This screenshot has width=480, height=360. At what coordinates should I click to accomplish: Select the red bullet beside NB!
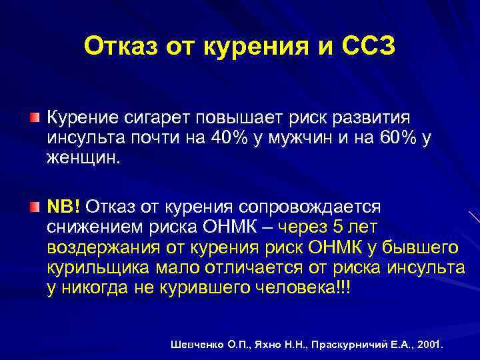point(34,209)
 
